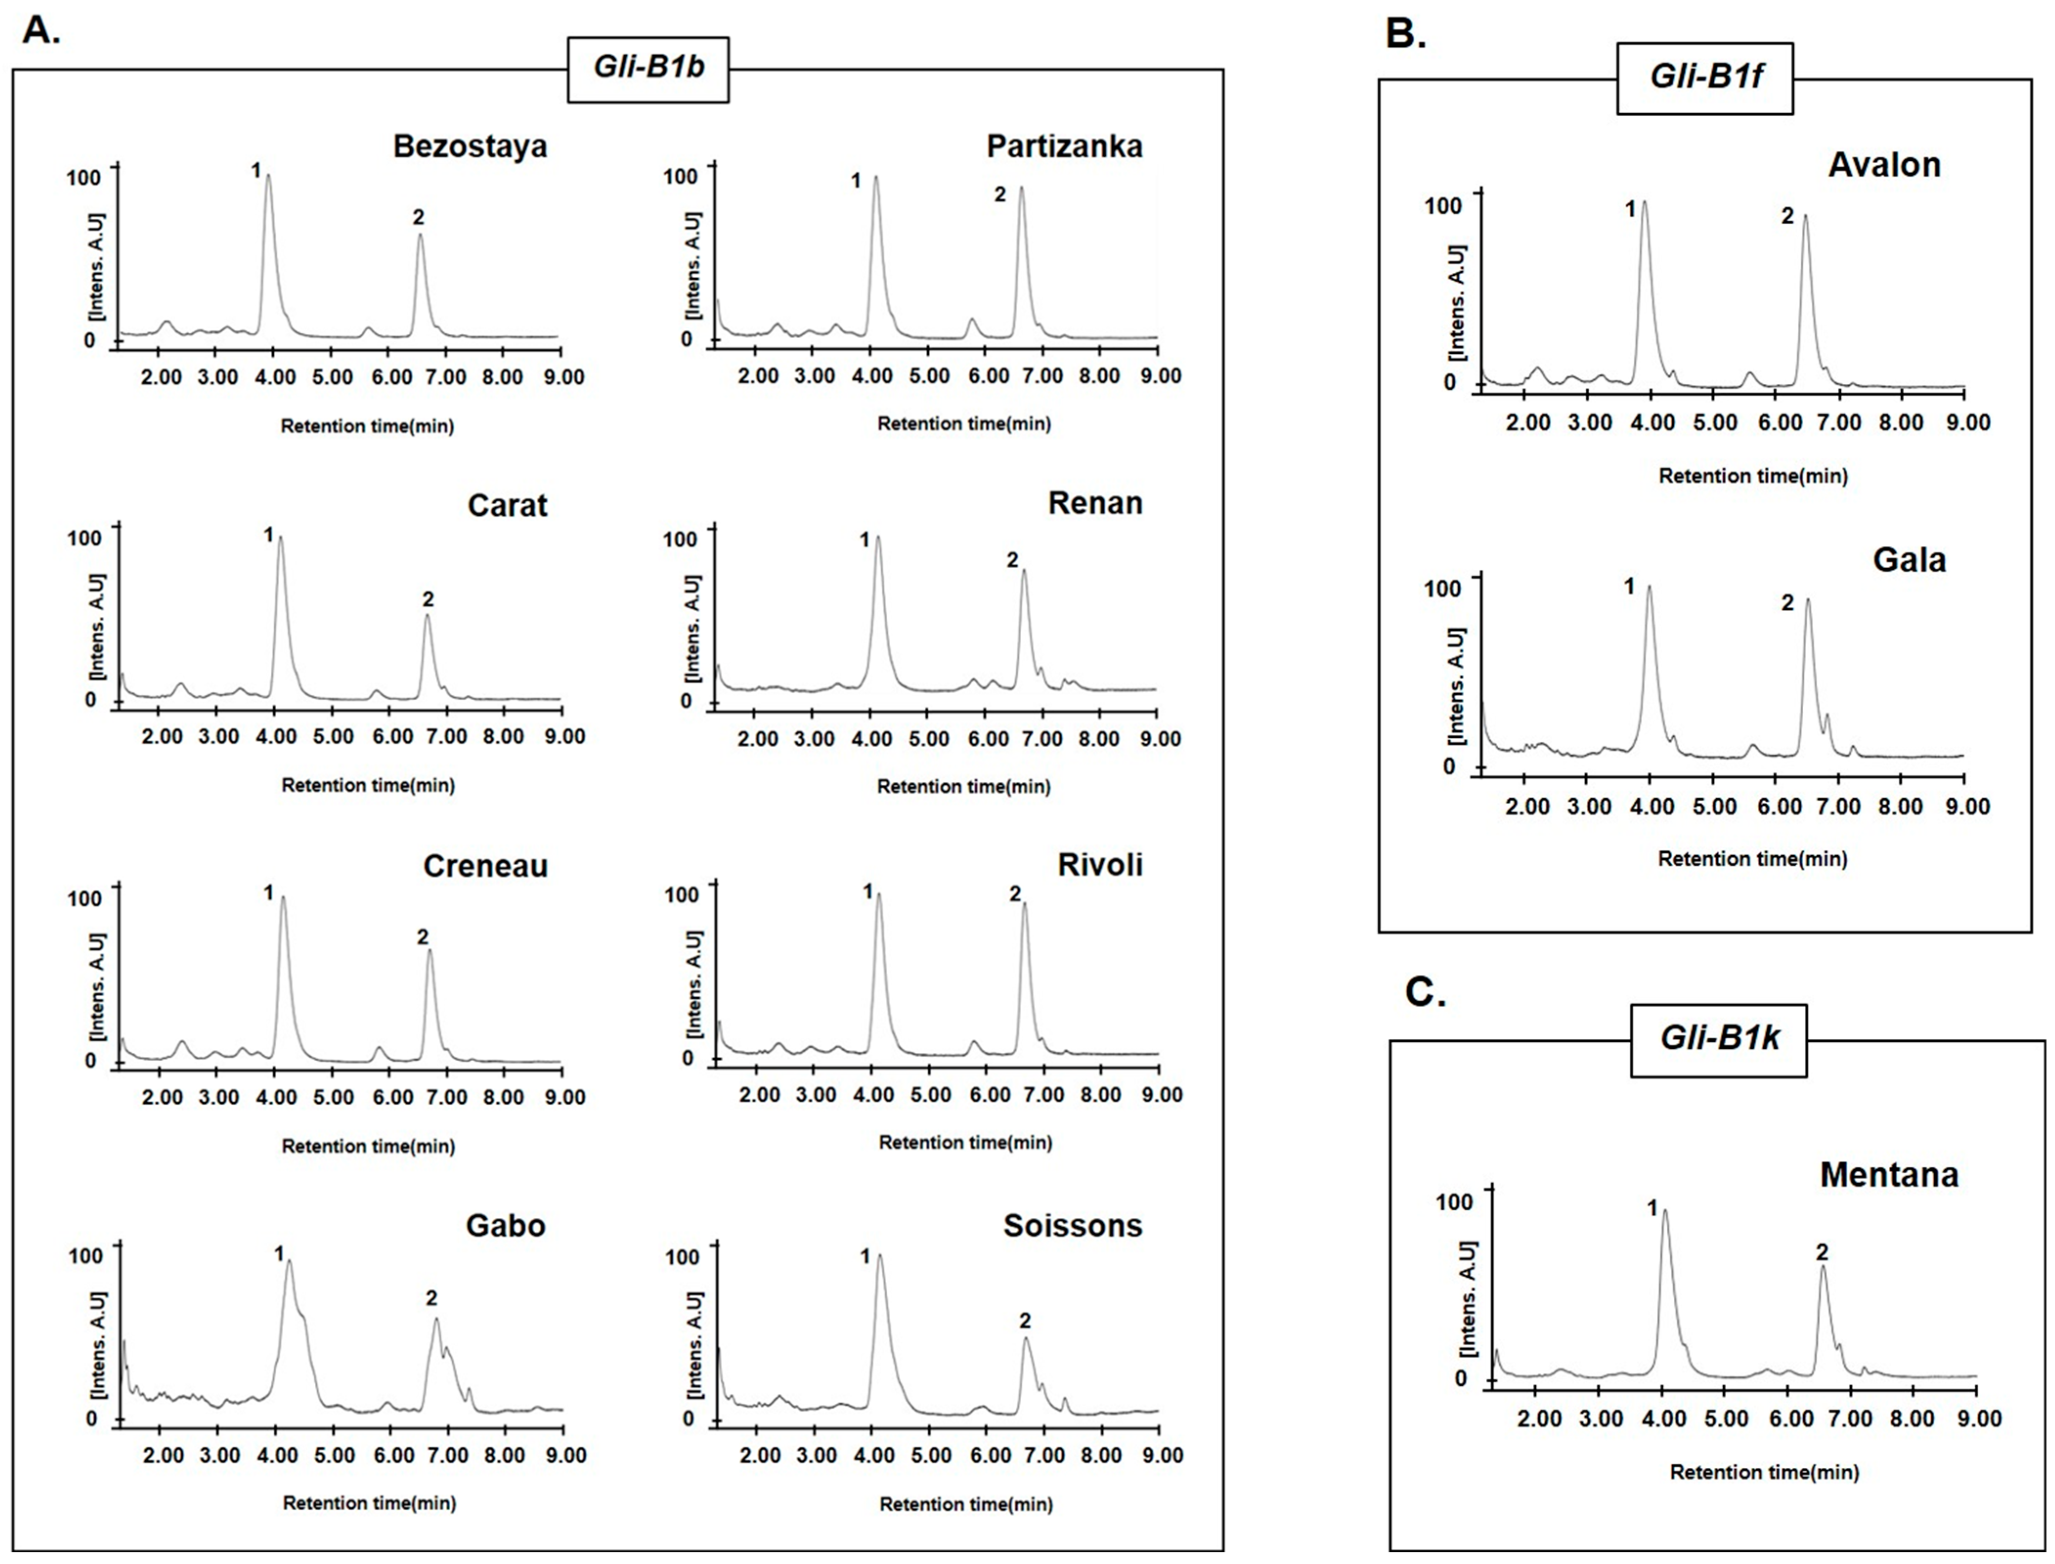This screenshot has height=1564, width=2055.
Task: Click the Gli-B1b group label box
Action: coord(648,70)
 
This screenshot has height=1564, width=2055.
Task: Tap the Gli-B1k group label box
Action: coord(1719,1040)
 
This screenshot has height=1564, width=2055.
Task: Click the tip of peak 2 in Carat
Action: coord(427,615)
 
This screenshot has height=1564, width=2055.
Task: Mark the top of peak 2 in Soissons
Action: coord(1026,1339)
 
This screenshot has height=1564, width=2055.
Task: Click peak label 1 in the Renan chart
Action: coord(864,540)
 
